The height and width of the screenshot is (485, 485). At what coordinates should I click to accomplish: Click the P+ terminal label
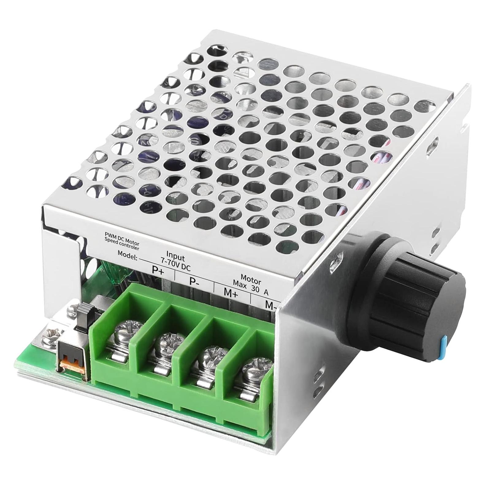(158, 270)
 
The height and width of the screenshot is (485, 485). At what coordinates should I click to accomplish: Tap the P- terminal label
(194, 281)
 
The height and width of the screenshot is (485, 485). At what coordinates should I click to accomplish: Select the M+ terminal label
(231, 292)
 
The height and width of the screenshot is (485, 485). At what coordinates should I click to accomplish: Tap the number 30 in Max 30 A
(255, 288)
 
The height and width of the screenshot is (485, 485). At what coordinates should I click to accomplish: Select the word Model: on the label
(128, 255)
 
